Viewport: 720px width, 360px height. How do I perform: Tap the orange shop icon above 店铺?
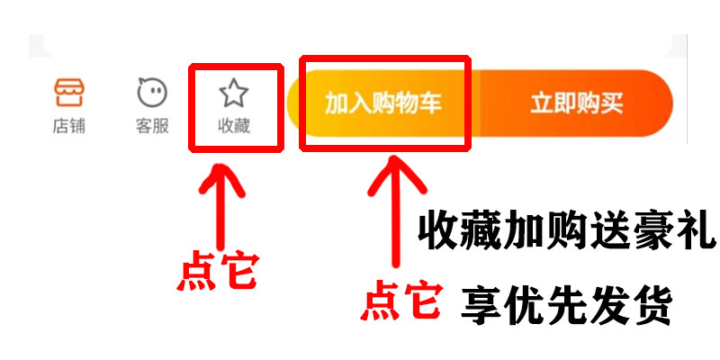(x=69, y=93)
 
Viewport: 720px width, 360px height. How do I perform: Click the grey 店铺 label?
(x=69, y=127)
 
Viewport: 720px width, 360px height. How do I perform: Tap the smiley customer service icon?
(x=152, y=93)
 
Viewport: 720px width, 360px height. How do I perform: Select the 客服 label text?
(x=152, y=127)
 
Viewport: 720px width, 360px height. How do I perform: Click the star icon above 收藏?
(x=234, y=92)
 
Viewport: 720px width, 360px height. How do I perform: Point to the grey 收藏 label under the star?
(x=234, y=127)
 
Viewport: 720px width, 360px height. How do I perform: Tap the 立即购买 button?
(x=576, y=103)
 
